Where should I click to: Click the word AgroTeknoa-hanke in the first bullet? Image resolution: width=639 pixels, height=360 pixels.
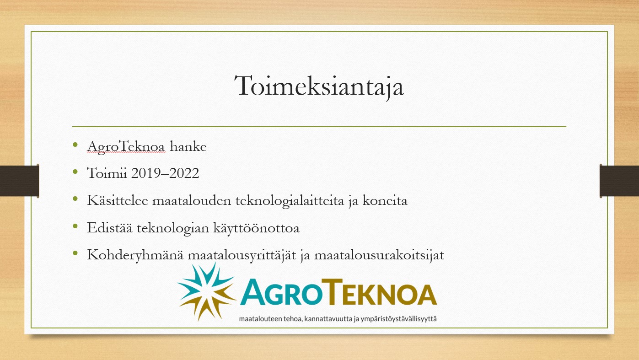tap(147, 147)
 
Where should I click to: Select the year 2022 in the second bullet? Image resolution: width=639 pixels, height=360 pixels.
tap(184, 173)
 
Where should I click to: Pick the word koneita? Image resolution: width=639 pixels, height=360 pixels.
tap(385, 200)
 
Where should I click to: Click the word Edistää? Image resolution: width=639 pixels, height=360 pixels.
tap(110, 227)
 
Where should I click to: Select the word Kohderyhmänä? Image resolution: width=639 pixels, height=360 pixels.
tap(135, 254)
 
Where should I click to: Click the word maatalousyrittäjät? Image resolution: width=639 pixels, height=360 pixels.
tap(242, 254)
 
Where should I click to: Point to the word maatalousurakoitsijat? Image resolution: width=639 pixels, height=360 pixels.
tap(379, 254)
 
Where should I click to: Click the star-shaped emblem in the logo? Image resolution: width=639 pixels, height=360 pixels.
tap(207, 291)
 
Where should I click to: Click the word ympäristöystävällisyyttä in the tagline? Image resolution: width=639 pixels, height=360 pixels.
tap(398, 319)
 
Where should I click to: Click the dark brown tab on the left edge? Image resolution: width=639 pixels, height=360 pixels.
tap(19, 181)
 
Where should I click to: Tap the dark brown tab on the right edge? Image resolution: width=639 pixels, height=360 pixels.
tap(619, 181)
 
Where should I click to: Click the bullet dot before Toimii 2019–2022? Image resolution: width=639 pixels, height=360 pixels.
tap(75, 172)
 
